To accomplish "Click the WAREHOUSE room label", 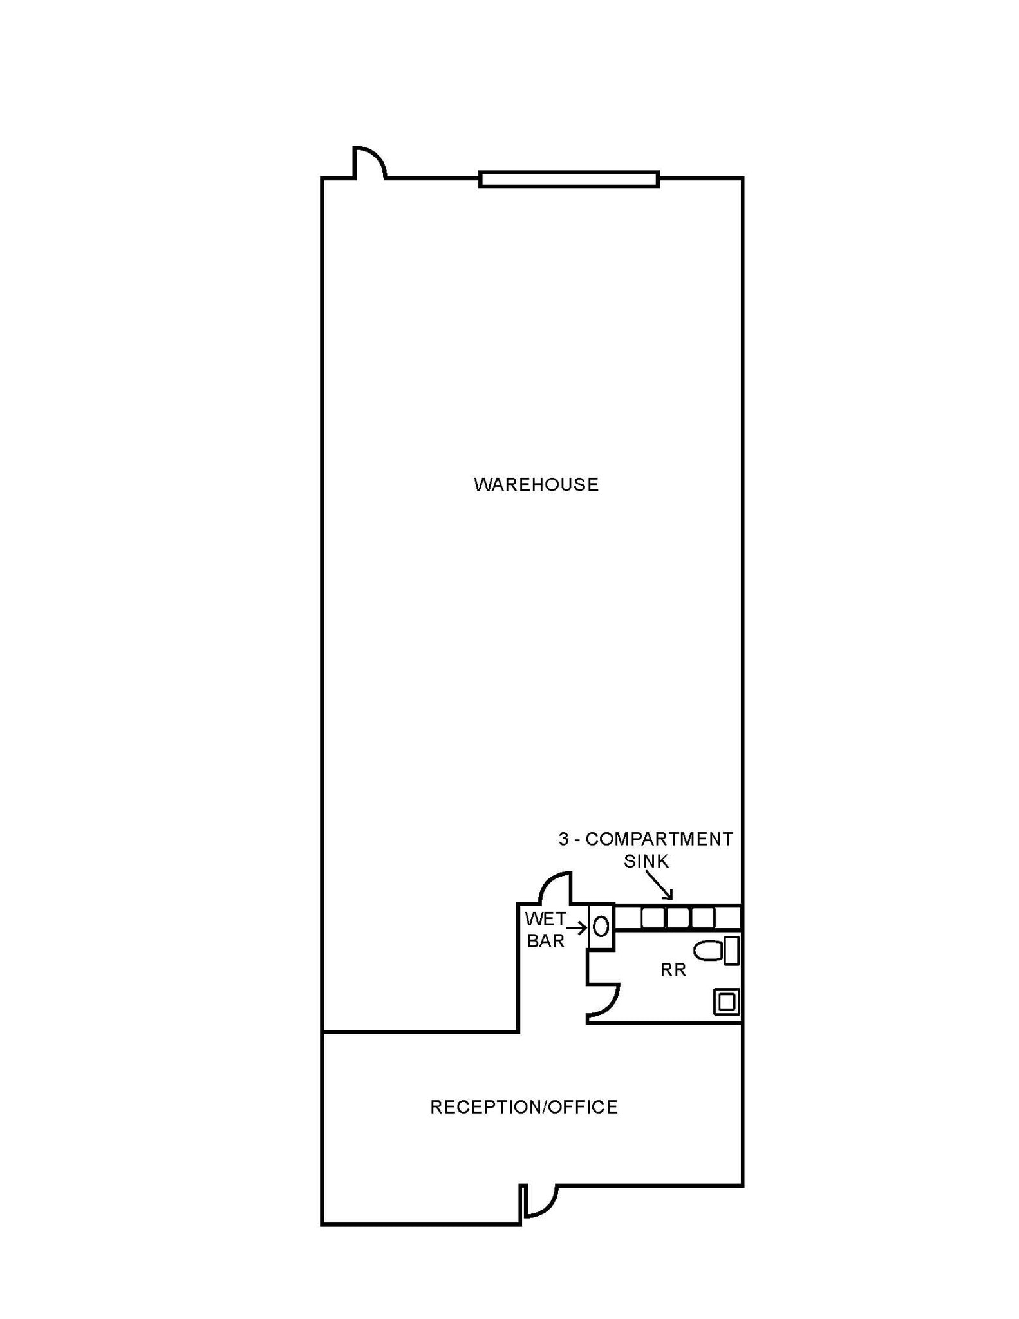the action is pos(536,484).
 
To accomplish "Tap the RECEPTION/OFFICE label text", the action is pos(524,1106).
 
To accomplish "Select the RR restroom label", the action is pos(673,970).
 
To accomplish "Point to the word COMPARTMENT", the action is pos(659,839).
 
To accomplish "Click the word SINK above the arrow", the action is pos(646,861).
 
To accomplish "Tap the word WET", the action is pos(545,918).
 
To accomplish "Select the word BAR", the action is pos(545,941).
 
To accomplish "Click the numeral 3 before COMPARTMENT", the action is pos(564,839).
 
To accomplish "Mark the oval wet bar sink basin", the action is pos(601,927).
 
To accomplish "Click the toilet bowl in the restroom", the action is pos(708,951).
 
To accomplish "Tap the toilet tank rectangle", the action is pos(731,951).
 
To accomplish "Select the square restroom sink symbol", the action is pos(727,1001).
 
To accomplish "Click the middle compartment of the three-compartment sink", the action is pos(678,918).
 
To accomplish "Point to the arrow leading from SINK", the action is pos(659,885).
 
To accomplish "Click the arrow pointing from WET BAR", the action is pos(577,928).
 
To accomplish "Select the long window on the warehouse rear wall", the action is pos(569,179).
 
